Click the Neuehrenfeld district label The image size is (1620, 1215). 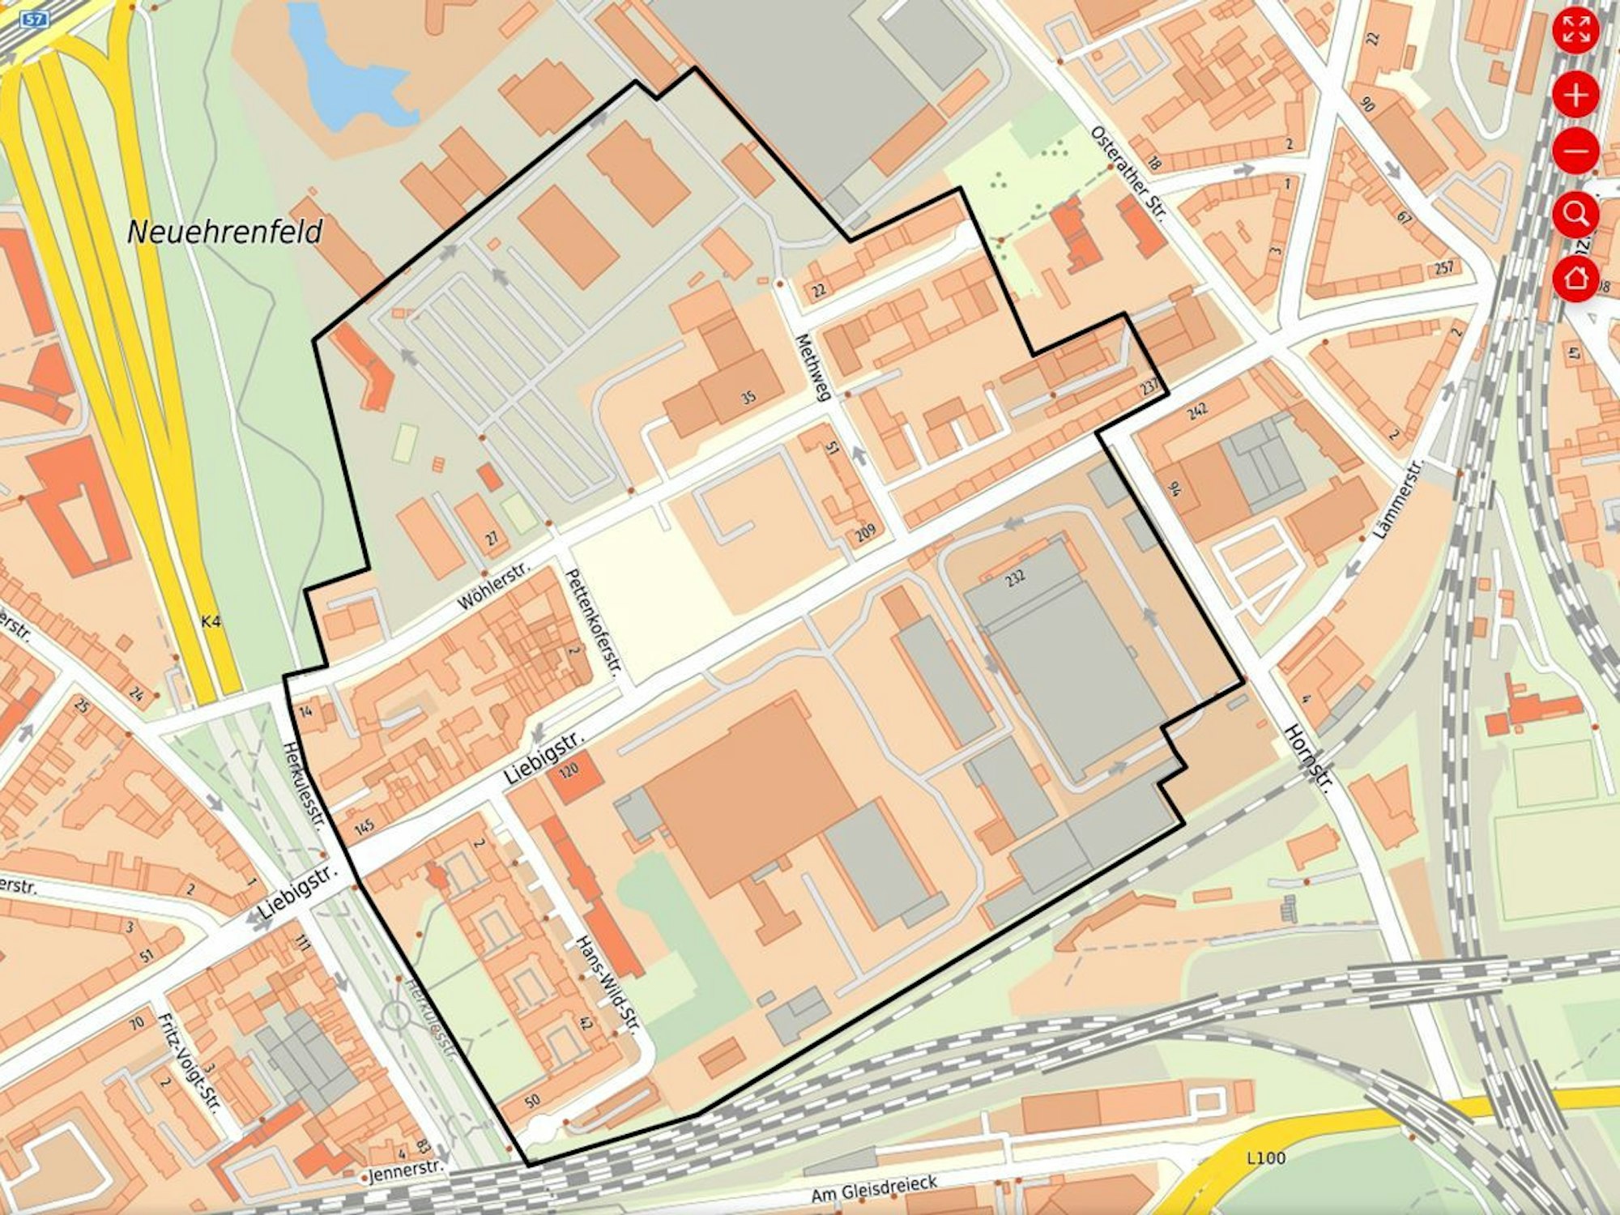[225, 232]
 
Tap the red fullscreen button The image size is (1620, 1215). [1575, 31]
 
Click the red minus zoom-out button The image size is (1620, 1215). [1575, 151]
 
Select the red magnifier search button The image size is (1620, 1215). [1575, 215]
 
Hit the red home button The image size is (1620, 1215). [1575, 278]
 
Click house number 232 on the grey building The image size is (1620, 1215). [1015, 577]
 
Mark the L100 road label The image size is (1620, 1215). [1265, 1158]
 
